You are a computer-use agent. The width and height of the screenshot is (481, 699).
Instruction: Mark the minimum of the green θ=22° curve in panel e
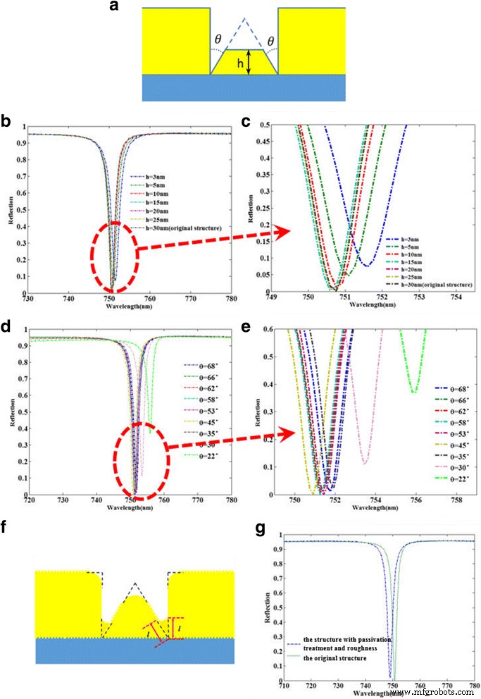click(x=416, y=392)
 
